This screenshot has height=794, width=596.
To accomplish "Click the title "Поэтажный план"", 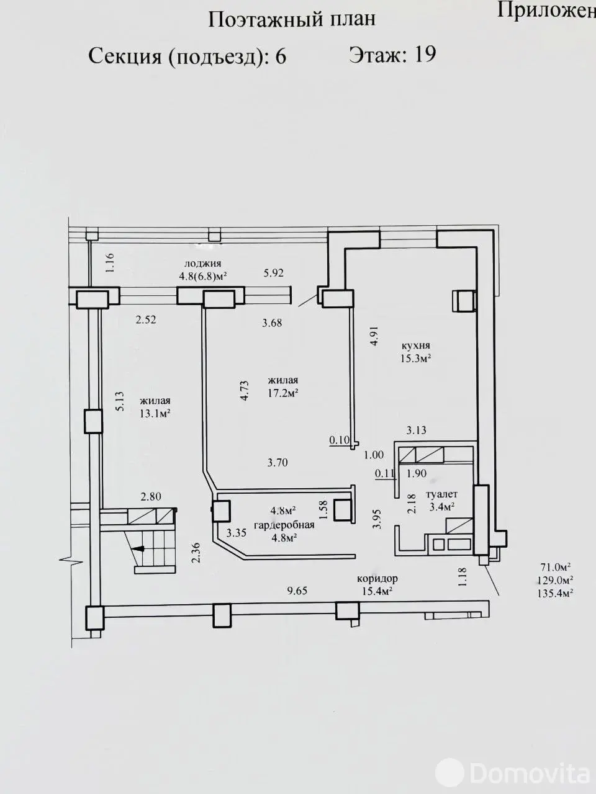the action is coord(292,19).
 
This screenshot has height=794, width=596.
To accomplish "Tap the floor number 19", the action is coord(425,55).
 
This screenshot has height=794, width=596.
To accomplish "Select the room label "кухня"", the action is coord(416,345).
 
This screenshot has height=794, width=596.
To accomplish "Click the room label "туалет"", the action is coord(441,494).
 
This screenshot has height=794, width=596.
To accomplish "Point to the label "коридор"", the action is coord(377,578).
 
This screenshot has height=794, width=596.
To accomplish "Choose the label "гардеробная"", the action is coord(284,525).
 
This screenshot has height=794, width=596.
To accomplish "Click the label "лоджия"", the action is coord(202,264).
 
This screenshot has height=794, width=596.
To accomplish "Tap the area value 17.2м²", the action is coord(282,393).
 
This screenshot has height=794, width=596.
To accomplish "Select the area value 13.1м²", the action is coord(155,414).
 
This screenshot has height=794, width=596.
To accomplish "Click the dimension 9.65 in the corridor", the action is coord(297,591).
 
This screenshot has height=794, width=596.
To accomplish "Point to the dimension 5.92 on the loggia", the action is coord(273,273).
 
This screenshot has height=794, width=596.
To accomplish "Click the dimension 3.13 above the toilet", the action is coord(416,430).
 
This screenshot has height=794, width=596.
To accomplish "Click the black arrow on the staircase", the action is coord(141,549).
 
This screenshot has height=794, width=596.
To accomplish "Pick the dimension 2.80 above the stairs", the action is coord(150,497).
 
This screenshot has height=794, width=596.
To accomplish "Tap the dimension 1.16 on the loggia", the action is coord(111,263).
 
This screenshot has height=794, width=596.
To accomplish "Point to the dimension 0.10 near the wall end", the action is coord(340,440).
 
